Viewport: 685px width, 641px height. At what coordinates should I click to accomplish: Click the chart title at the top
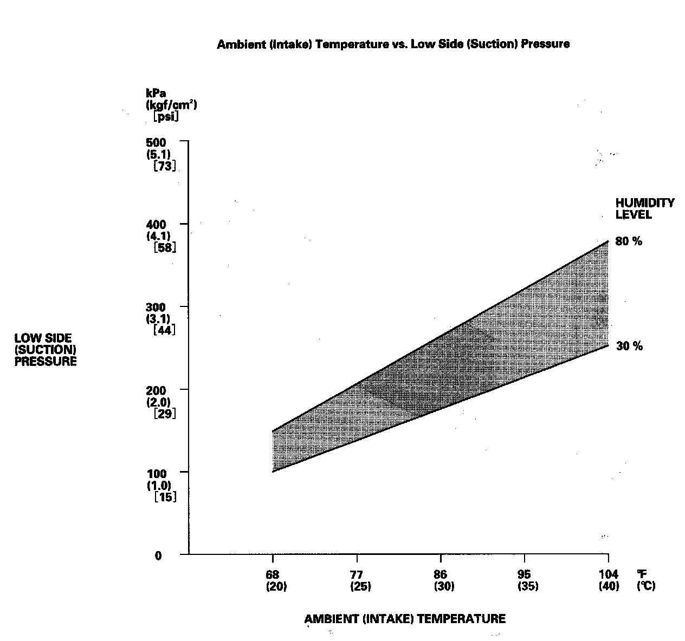[x=393, y=44]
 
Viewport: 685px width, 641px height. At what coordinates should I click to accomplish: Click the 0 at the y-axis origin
[x=158, y=556]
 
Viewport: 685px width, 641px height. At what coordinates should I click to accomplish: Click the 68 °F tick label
[x=273, y=575]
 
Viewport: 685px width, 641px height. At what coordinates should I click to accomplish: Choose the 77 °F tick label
[x=357, y=575]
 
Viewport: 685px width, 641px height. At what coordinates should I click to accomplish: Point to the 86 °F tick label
[x=441, y=575]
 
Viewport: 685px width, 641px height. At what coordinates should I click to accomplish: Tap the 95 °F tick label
[x=524, y=575]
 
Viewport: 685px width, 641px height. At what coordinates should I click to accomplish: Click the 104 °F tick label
[x=608, y=575]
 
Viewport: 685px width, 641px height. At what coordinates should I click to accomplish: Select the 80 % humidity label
[x=629, y=242]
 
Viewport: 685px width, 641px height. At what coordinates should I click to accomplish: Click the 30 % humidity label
[x=629, y=346]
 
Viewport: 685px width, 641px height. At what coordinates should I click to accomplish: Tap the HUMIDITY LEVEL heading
[x=644, y=208]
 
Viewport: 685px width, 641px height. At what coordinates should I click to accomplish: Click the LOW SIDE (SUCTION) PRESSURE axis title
[x=46, y=350]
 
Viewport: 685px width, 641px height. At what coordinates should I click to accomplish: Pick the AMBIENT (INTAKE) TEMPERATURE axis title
[x=405, y=619]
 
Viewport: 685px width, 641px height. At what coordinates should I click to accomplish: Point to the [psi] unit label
[x=166, y=116]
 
